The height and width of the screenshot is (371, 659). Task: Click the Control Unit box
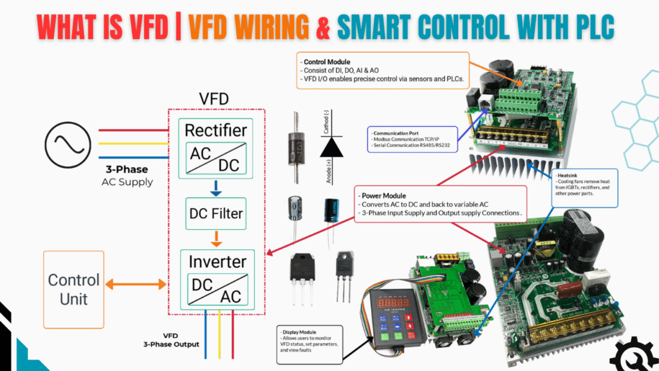pyautogui.click(x=74, y=290)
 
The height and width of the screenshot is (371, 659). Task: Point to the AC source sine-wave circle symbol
pyautogui.click(x=67, y=144)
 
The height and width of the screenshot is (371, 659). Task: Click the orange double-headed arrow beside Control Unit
pyautogui.click(x=135, y=284)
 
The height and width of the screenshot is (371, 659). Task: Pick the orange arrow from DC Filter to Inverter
pyautogui.click(x=217, y=243)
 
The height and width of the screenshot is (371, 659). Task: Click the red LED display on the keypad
pyautogui.click(x=391, y=301)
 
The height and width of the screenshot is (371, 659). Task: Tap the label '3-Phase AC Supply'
pyautogui.click(x=127, y=176)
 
